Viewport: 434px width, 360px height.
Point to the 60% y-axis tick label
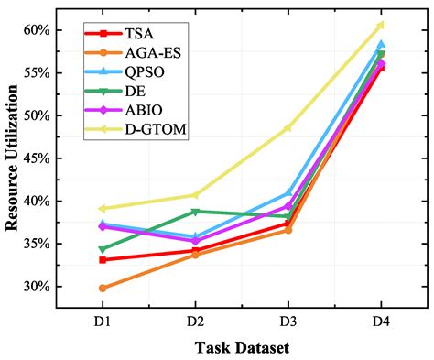pos(34,30)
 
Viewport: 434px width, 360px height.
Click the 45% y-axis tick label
pos(34,158)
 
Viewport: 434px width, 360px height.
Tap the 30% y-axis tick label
pos(34,287)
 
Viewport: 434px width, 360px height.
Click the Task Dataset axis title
pos(241,347)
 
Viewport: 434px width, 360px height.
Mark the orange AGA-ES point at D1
pos(102,288)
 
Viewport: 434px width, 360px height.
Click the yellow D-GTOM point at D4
pos(381,25)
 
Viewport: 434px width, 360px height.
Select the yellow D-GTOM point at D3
pos(288,127)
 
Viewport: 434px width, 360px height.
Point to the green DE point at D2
pos(195,212)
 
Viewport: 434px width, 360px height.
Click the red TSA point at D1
pos(102,260)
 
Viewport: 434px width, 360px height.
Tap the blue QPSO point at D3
pos(288,193)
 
